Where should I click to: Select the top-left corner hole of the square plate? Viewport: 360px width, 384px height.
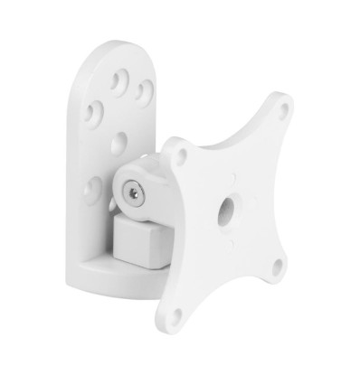(x=179, y=155)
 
